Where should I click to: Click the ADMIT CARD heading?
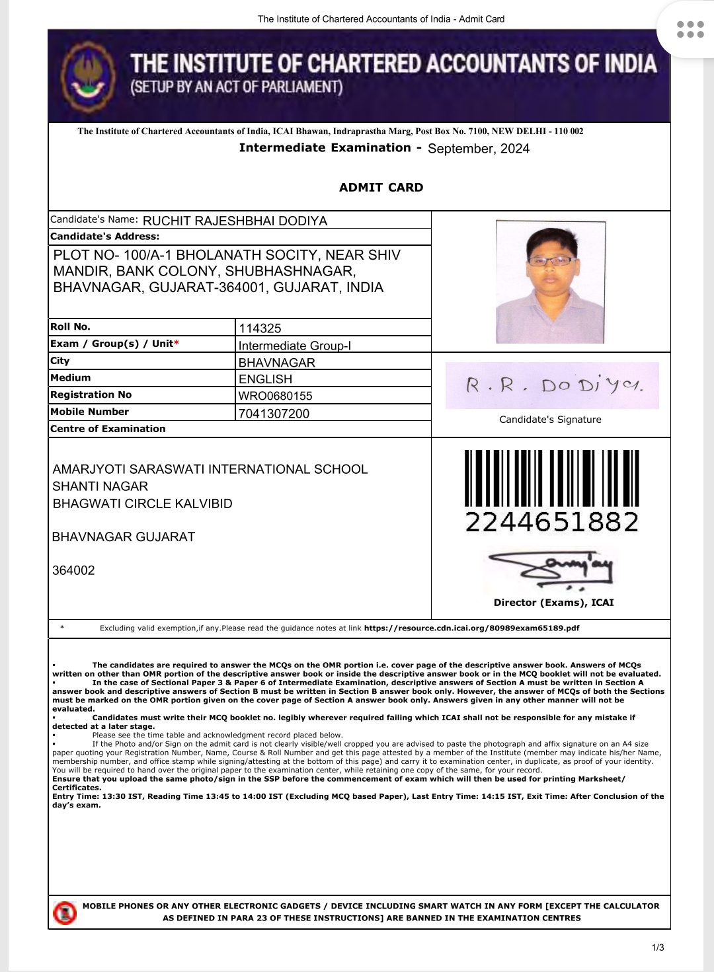pyautogui.click(x=381, y=188)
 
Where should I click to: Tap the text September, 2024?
pyautogui.click(x=478, y=149)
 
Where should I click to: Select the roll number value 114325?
pyautogui.click(x=260, y=328)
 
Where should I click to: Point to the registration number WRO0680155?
pyautogui.click(x=275, y=396)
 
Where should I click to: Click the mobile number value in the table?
pyautogui.click(x=274, y=414)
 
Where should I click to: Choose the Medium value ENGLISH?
pyautogui.click(x=265, y=379)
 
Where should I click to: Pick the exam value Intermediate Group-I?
pyautogui.click(x=294, y=346)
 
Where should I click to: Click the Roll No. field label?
pyautogui.click(x=70, y=326)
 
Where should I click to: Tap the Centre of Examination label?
pyautogui.click(x=108, y=429)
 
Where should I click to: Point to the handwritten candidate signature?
pyautogui.click(x=553, y=385)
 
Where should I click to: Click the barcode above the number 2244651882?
pyautogui.click(x=551, y=478)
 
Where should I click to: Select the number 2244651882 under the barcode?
pyautogui.click(x=552, y=522)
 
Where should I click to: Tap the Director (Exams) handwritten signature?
pyautogui.click(x=551, y=570)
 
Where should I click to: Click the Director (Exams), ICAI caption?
pyautogui.click(x=553, y=603)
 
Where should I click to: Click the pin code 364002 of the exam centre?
pyautogui.click(x=73, y=570)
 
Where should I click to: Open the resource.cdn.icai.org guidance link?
pyautogui.click(x=471, y=628)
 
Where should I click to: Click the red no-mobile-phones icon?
pyautogui.click(x=64, y=913)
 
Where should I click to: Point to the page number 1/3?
pyautogui.click(x=658, y=948)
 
